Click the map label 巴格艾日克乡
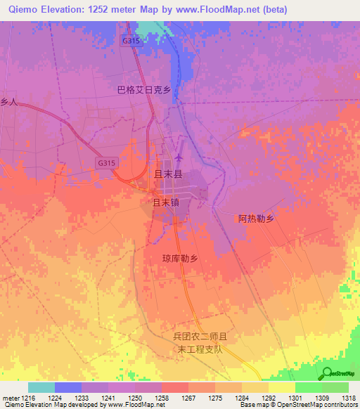pyautogui.click(x=143, y=90)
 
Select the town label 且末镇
pyautogui.click(x=167, y=202)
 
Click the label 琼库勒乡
pyautogui.click(x=181, y=258)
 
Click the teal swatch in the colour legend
pyautogui.click(x=41, y=387)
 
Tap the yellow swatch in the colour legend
pyautogui.click(x=281, y=387)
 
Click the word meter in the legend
pyautogui.click(x=11, y=398)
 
